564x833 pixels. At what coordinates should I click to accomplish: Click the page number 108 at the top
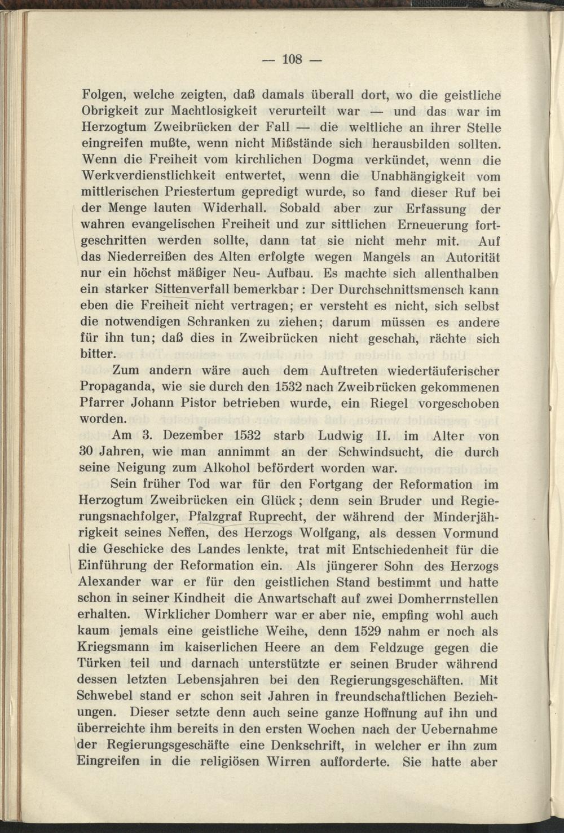pos(293,59)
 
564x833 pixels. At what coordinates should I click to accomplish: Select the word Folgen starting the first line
pos(102,94)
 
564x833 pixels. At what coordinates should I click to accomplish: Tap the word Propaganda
pos(117,387)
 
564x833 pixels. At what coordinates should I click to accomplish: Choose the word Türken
pos(99,663)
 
